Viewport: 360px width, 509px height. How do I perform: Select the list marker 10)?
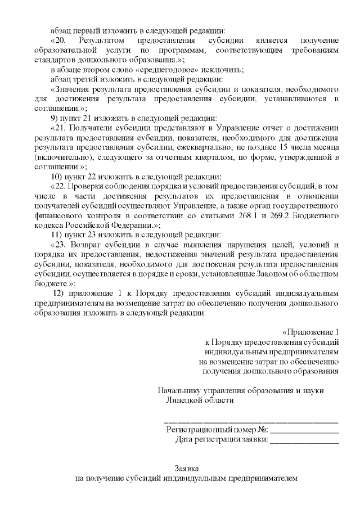point(58,176)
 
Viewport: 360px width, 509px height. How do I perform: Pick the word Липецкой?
point(185,400)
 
